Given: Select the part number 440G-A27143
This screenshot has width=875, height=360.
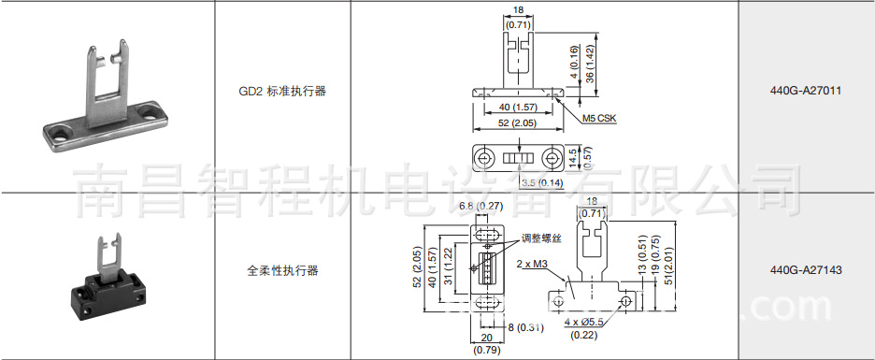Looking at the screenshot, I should [x=806, y=270].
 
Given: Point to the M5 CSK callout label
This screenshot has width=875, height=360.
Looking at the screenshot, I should [x=598, y=119].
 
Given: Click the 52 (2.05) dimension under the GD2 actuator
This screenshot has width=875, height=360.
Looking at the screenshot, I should [x=516, y=123].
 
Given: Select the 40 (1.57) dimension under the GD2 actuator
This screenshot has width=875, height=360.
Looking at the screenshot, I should [x=516, y=107].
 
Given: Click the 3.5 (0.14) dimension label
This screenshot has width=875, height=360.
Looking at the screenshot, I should [x=541, y=183].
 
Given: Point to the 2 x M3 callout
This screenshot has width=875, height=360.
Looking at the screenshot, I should [x=531, y=265].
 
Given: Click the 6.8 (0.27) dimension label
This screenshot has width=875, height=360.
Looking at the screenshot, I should [x=481, y=206].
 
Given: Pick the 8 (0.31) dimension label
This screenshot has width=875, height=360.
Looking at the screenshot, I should [x=525, y=326].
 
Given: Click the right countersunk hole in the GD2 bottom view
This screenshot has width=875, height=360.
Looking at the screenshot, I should [x=555, y=158].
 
